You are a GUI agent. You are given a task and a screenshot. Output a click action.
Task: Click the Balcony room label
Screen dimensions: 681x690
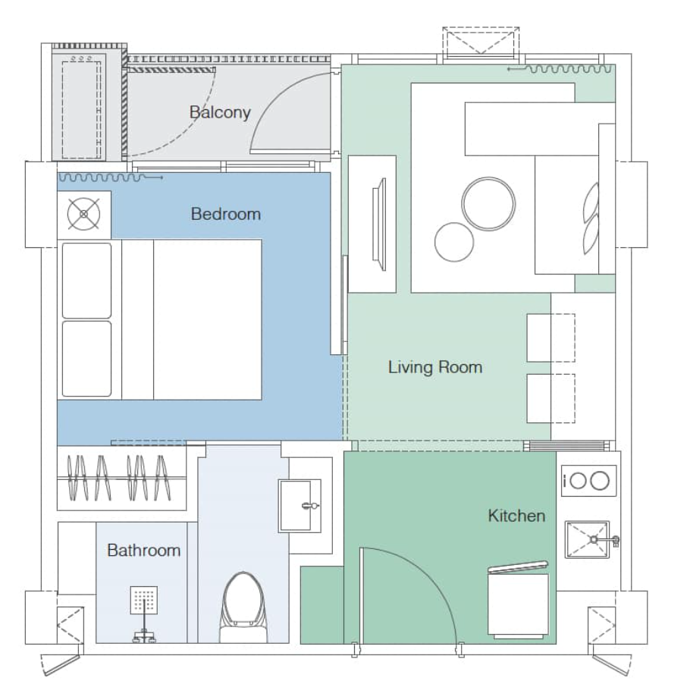(x=220, y=112)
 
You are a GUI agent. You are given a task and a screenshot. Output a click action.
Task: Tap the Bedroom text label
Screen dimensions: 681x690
(x=225, y=214)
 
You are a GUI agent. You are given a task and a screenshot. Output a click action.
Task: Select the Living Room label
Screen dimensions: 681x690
(x=434, y=368)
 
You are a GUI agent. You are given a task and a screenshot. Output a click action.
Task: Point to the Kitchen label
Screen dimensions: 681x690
(x=516, y=516)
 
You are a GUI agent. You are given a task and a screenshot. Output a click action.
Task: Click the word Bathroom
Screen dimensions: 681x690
(x=143, y=550)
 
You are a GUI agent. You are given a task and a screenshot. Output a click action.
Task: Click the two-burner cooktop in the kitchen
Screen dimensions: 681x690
(x=588, y=481)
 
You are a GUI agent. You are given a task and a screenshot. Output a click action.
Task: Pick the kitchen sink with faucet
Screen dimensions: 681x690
(x=588, y=540)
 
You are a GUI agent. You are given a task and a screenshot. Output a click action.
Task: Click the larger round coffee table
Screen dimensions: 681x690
(x=488, y=203)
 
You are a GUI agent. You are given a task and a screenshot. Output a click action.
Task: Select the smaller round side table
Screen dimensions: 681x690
(x=454, y=242)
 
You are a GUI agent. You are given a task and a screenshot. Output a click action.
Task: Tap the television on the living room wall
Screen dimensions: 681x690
(x=379, y=224)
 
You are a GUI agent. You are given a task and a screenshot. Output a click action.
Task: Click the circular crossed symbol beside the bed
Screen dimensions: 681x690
(x=83, y=214)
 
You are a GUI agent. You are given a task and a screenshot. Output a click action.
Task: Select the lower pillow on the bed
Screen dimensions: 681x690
(x=86, y=359)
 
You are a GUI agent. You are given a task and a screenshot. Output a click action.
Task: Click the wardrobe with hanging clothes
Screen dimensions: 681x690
(x=121, y=478)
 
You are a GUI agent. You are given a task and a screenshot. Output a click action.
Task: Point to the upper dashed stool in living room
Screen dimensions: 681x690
(x=550, y=337)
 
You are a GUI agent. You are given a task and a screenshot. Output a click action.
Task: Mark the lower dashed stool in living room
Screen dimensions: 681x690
(x=550, y=397)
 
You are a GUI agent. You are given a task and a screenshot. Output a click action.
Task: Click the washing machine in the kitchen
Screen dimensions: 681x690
(x=518, y=603)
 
